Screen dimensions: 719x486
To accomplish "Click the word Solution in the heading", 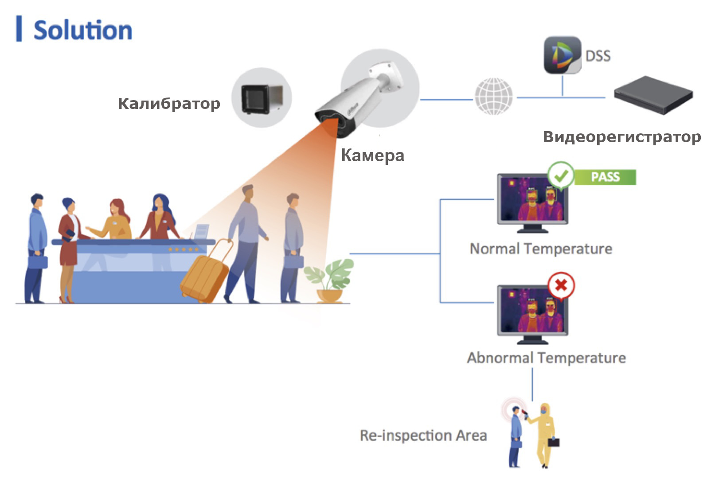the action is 83,30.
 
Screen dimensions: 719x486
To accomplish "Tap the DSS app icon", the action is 562,55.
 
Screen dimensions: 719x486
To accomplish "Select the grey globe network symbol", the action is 493,96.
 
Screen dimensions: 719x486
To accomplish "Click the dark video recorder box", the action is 653,95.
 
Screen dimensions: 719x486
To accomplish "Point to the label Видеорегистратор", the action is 622,137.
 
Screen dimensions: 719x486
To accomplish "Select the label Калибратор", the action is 169,103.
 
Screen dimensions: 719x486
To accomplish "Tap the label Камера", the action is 372,156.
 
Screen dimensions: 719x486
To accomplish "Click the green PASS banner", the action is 605,177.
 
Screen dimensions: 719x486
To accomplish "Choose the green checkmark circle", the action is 561,175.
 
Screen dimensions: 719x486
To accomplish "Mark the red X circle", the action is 561,285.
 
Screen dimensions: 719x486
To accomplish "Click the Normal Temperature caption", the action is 541,249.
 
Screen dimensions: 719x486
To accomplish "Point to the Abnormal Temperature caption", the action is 546,358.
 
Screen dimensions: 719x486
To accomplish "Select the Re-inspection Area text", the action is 423,435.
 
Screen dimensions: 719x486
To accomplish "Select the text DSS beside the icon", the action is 598,56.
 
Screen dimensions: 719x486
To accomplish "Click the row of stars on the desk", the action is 183,249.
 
